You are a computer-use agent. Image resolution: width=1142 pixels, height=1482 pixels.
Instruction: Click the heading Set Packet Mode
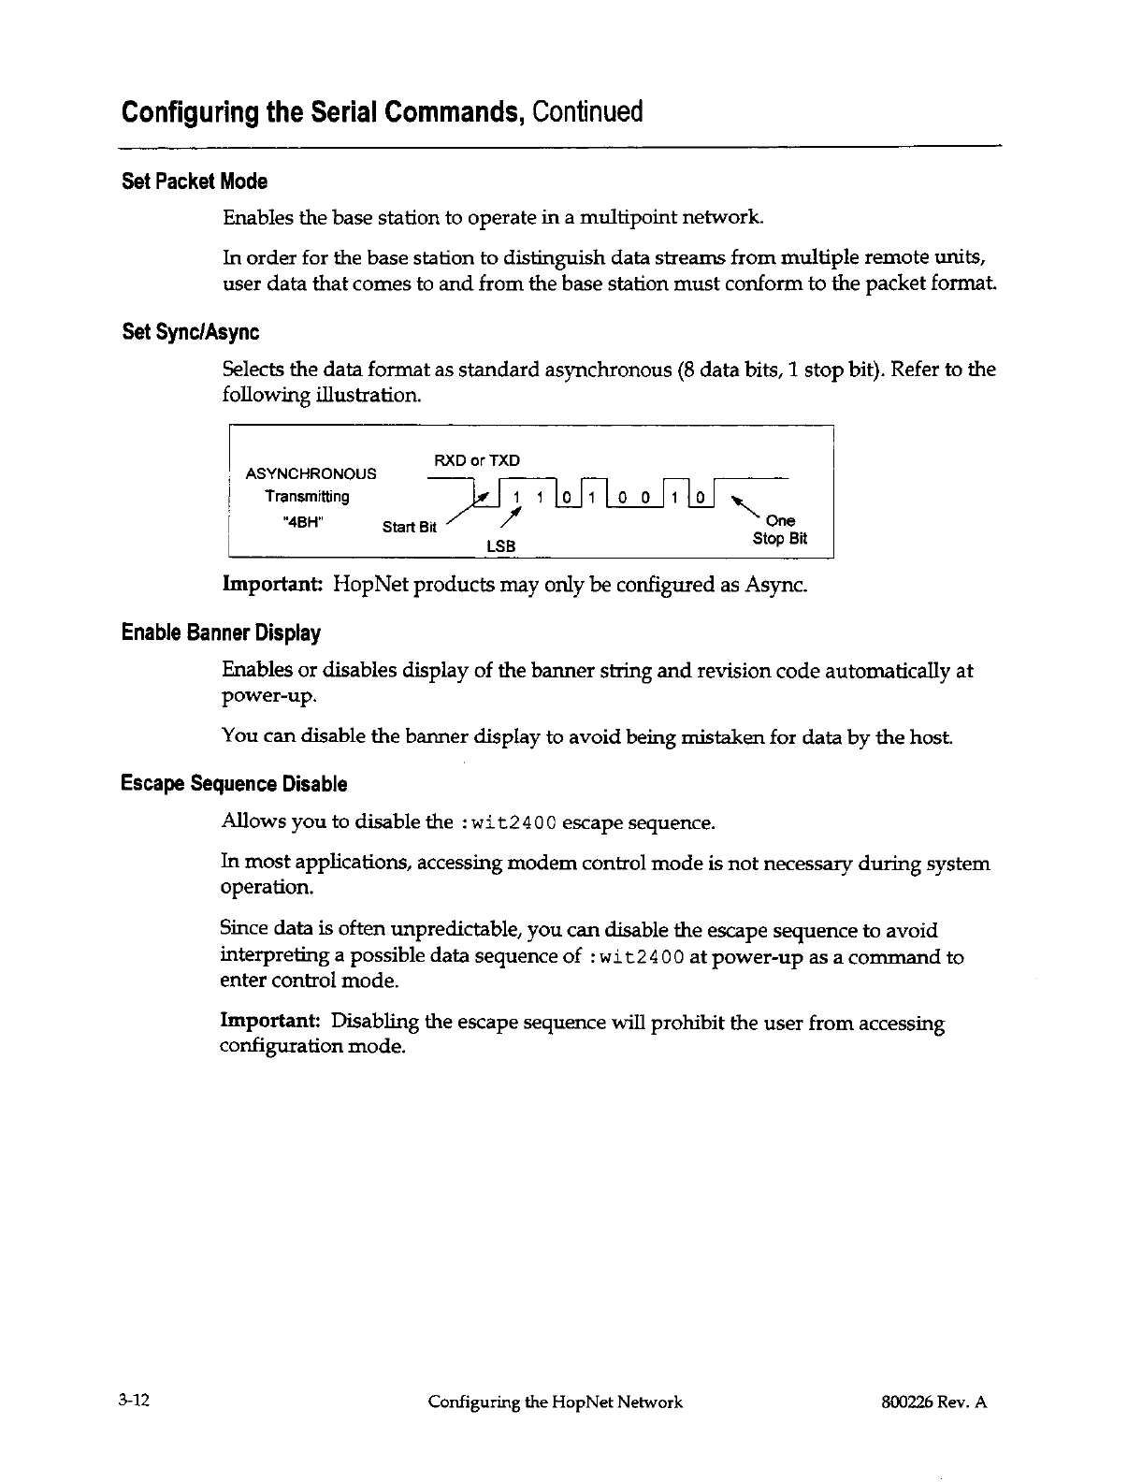pyautogui.click(x=195, y=181)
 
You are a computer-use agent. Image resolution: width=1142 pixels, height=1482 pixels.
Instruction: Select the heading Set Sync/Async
pyautogui.click(x=191, y=332)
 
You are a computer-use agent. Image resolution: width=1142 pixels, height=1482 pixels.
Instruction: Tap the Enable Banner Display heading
pyautogui.click(x=222, y=633)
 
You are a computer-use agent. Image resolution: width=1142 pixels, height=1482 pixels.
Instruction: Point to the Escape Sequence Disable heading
pyautogui.click(x=235, y=784)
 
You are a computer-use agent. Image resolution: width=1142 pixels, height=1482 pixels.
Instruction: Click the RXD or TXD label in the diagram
pyautogui.click(x=477, y=460)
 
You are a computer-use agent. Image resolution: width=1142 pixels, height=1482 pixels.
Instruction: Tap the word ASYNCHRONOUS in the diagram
pyautogui.click(x=311, y=473)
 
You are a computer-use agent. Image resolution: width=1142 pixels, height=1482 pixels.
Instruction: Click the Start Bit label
pyautogui.click(x=410, y=527)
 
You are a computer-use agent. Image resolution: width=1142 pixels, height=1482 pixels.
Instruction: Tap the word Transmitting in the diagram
pyautogui.click(x=307, y=497)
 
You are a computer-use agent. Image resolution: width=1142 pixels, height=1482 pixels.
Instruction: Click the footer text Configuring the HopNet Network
pyautogui.click(x=555, y=1402)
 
